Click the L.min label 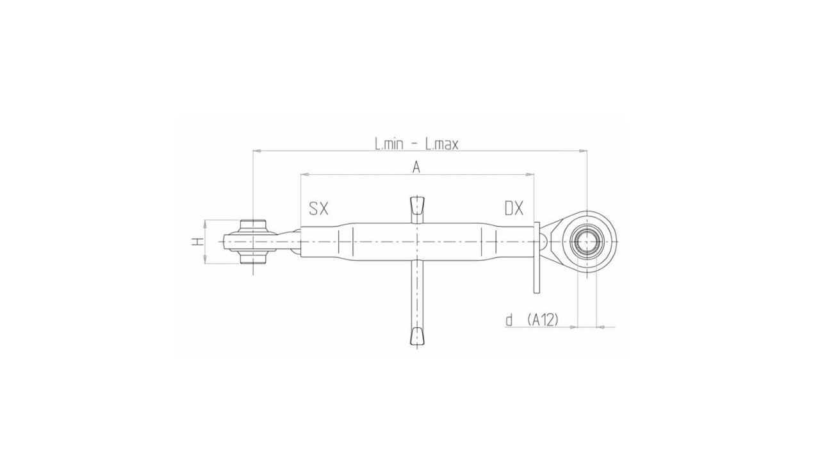tap(389, 144)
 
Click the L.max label tap(441, 144)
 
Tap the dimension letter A tap(416, 167)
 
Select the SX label tap(318, 208)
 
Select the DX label tap(514, 208)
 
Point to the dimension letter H tap(198, 241)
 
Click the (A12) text tap(543, 320)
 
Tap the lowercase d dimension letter tap(509, 321)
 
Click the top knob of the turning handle tap(417, 206)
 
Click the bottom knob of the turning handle tap(417, 337)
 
